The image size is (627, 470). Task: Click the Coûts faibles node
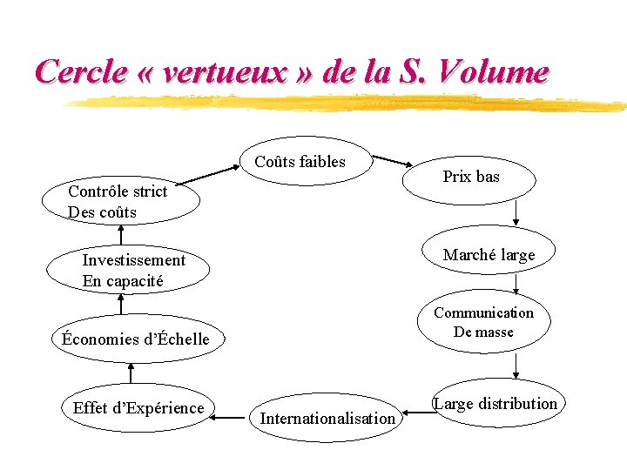[x=300, y=162]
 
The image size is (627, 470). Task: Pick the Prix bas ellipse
[x=471, y=178]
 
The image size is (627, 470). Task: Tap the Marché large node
[x=489, y=255]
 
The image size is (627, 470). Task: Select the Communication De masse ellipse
[x=484, y=322]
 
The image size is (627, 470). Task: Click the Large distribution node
[x=496, y=404]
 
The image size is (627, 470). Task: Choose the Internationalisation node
[x=327, y=419]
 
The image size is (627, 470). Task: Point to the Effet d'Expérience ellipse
[x=138, y=408]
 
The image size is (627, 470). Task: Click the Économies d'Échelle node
[x=136, y=339]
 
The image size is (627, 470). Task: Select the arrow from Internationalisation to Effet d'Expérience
[x=229, y=418]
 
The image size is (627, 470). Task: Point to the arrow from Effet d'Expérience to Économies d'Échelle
[x=131, y=373]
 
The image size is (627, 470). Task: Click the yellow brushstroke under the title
[x=348, y=103]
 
